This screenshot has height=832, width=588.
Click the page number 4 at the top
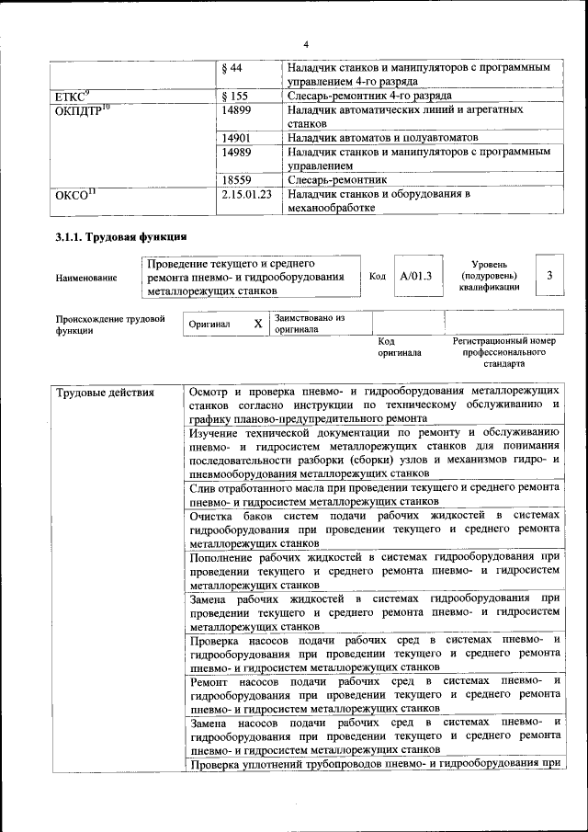[306, 44]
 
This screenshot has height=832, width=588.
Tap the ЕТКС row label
[73, 96]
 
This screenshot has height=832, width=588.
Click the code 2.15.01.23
[247, 194]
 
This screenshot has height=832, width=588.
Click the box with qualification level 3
[549, 276]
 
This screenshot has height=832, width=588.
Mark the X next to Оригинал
[258, 325]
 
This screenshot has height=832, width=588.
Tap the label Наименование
[86, 278]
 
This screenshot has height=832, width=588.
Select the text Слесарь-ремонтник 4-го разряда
[368, 96]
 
